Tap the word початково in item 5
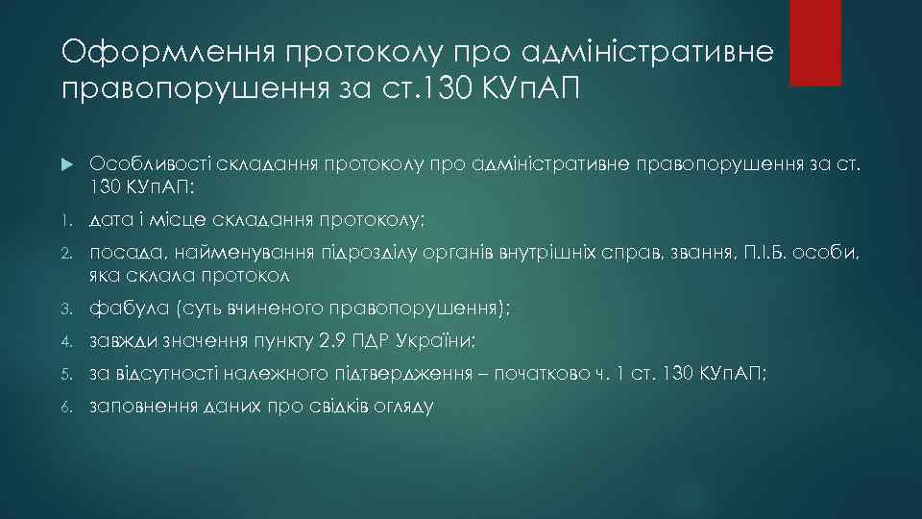[544, 375]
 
